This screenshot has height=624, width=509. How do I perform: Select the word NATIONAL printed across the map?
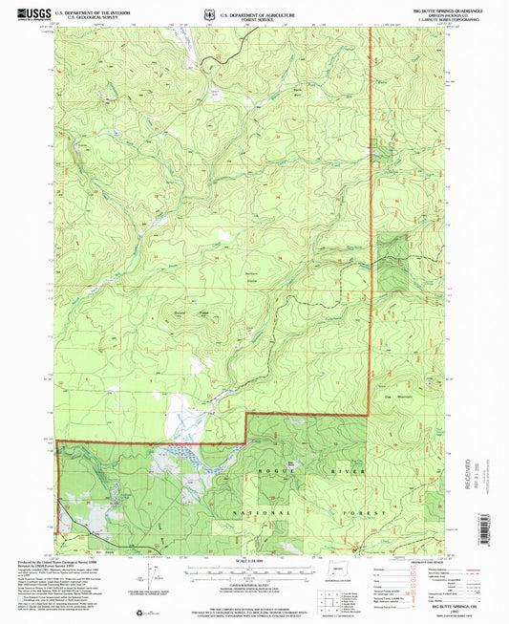click(232, 513)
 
